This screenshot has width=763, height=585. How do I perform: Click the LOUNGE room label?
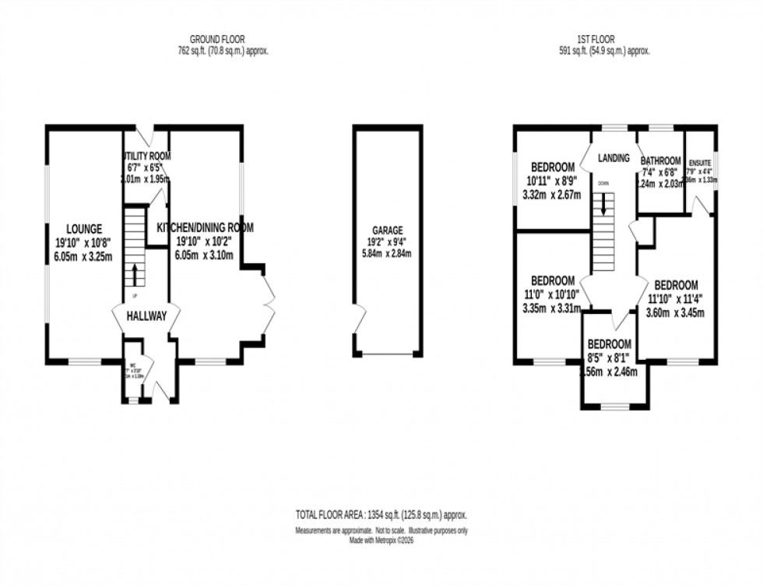pos(83,229)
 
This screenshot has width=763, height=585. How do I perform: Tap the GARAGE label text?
pos(387,230)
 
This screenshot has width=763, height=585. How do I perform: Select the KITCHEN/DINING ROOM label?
pos(206,227)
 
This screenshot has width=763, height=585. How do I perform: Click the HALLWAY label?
pos(146,316)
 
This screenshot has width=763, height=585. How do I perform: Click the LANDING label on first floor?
pos(614,158)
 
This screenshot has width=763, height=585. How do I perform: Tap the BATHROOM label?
pos(660,162)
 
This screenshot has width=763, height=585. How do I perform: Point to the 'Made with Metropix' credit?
pos(381,540)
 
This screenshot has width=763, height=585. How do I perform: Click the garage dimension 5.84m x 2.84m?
pos(387,253)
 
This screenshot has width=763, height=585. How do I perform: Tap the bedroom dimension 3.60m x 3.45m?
pos(675,313)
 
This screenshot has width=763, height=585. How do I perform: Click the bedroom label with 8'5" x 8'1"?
pos(609,344)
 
